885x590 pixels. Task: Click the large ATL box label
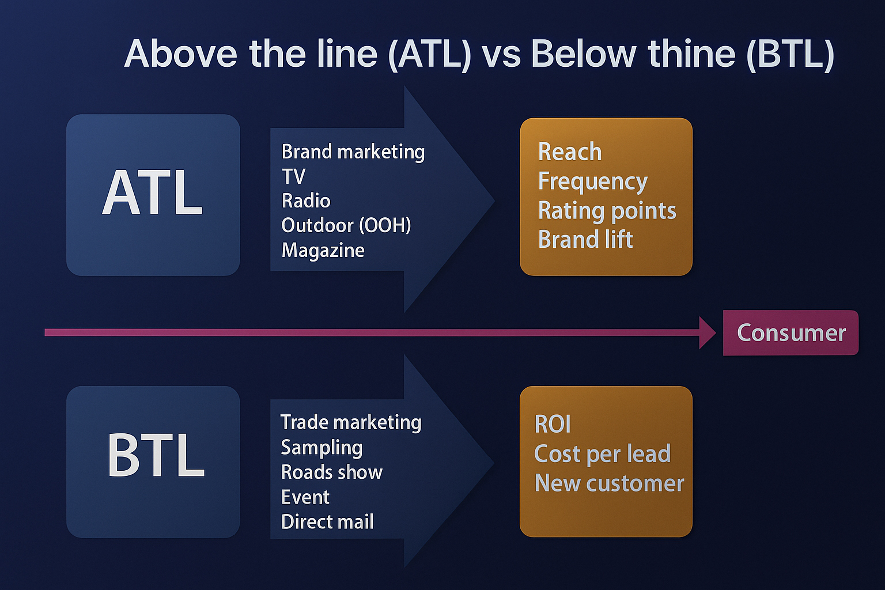click(153, 192)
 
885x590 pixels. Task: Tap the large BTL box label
click(156, 455)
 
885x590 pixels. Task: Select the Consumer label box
click(791, 333)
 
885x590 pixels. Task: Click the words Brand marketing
click(353, 152)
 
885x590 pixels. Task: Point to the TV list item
click(293, 176)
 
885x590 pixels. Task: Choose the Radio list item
click(306, 201)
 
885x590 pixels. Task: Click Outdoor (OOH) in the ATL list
click(346, 226)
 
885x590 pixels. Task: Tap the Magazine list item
click(323, 251)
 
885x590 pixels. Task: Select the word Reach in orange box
click(570, 152)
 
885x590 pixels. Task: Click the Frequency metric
click(593, 181)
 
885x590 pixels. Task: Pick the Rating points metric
click(607, 211)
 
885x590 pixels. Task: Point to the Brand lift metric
click(585, 239)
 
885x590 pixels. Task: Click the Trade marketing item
click(351, 422)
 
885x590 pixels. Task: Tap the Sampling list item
click(322, 448)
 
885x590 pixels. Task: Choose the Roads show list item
click(332, 472)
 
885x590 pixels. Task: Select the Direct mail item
click(327, 521)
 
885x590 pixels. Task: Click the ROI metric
click(553, 425)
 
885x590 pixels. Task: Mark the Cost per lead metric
click(603, 453)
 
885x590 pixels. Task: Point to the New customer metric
click(609, 483)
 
